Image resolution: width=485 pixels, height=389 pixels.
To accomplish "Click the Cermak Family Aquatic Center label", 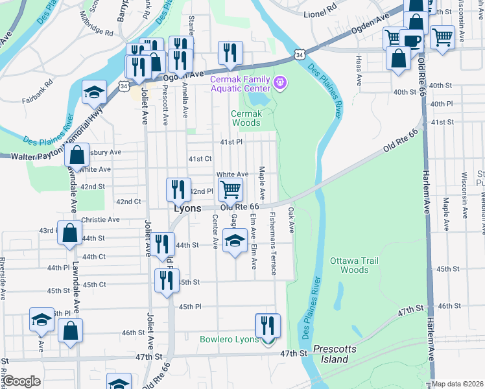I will pos(240,84).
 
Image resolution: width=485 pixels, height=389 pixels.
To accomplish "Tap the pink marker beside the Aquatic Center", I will pos(280,82).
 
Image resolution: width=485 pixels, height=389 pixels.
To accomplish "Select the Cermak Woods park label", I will pos(246,118).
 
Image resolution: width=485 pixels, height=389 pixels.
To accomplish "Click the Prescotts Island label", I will pos(335,354).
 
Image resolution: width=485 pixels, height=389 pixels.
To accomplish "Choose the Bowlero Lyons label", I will pos(229,339).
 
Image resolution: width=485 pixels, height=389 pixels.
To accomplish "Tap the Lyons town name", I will pos(187,209).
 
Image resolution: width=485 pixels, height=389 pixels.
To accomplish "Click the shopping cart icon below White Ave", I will pos(230,190).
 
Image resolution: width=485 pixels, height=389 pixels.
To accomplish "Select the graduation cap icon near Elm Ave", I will pos(234,241).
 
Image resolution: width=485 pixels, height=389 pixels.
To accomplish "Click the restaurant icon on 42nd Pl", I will pos(178,189).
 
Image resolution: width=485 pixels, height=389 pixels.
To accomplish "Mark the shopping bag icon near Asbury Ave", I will pos(77,156).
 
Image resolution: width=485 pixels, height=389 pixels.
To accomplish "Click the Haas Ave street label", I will pos(359,70).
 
